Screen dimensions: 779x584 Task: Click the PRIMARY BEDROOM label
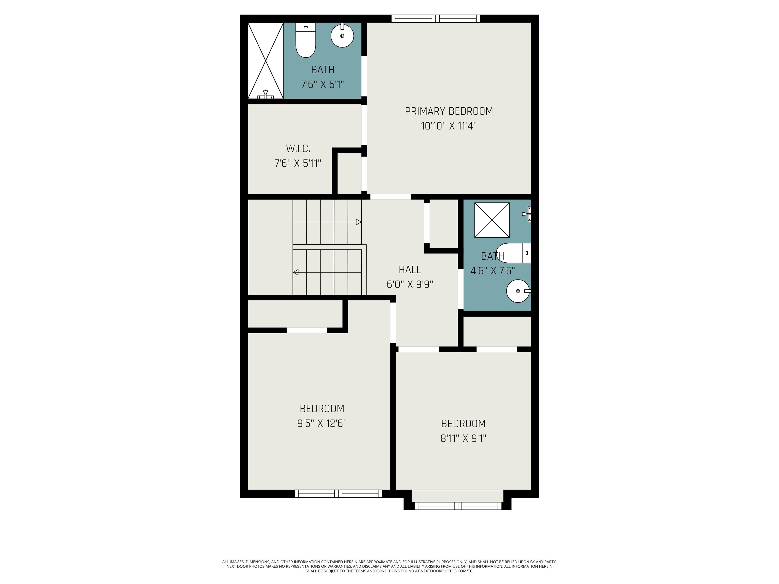(449, 111)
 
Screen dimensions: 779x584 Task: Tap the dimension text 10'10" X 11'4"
(449, 126)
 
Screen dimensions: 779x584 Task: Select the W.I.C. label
(298, 149)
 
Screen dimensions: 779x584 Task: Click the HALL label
(410, 270)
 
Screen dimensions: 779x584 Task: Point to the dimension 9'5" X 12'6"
(322, 423)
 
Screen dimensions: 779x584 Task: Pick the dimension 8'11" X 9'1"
(464, 438)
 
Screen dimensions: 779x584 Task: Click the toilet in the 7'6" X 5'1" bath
(306, 40)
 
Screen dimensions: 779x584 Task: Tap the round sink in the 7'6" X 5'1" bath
(342, 35)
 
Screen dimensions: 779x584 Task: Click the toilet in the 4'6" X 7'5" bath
(514, 253)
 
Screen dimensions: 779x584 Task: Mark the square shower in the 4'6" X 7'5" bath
(492, 220)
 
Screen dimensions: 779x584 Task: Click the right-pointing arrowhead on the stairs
(359, 222)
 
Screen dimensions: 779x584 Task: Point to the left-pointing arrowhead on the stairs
(296, 272)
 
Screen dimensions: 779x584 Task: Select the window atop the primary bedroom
(436, 19)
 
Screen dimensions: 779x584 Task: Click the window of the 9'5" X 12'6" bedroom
(338, 494)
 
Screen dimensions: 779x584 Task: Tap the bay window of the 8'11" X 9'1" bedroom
(458, 506)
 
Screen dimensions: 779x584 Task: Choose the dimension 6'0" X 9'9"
(410, 284)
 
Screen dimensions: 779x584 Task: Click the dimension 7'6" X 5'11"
(298, 163)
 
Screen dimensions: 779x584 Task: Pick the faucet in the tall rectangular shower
(265, 94)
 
